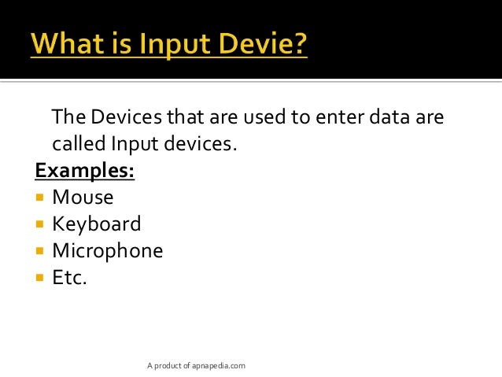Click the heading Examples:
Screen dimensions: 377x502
[x=85, y=171]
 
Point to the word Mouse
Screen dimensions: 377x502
[x=83, y=197]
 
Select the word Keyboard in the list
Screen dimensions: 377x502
[x=97, y=224]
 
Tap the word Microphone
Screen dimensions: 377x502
[x=108, y=251]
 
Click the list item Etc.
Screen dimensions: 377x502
[x=69, y=277]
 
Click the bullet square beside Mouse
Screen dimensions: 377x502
[x=40, y=198]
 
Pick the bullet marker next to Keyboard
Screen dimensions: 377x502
[x=40, y=224]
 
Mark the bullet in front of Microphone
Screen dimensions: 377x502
[x=40, y=251]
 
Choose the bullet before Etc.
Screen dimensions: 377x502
[x=40, y=278]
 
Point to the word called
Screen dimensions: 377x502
[x=79, y=144]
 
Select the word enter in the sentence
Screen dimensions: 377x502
[x=337, y=117]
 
